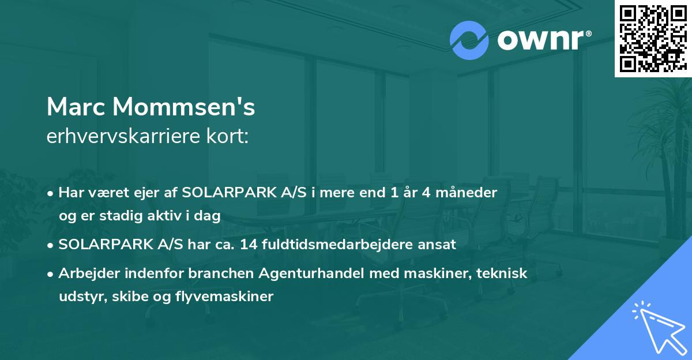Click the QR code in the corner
click(653, 39)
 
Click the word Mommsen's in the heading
click(183, 107)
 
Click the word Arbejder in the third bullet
click(84, 273)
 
